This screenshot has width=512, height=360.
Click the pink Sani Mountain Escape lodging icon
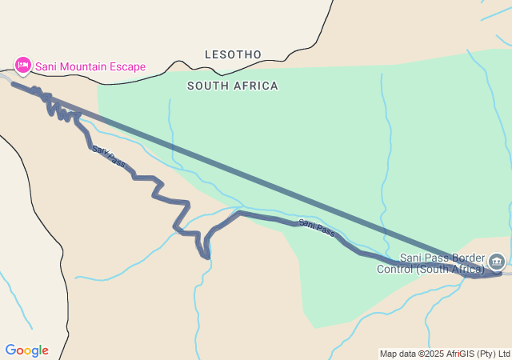[23, 65]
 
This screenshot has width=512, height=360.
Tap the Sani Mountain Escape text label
[90, 66]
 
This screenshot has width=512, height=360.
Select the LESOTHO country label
[233, 54]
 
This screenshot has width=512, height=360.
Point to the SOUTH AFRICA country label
[233, 86]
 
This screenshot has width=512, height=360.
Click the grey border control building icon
[496, 262]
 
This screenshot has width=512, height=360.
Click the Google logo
[26, 350]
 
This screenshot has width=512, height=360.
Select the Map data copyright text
[445, 354]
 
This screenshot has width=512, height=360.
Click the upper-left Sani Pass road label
[108, 155]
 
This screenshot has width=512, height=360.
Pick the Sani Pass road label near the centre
[317, 228]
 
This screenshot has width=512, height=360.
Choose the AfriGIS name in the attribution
[477, 354]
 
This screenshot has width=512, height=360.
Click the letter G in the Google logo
[10, 350]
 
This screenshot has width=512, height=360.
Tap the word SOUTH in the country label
[206, 86]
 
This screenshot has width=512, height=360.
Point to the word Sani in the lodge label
[46, 66]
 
